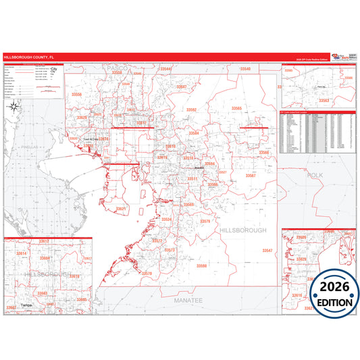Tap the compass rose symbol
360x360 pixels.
[x=14, y=105]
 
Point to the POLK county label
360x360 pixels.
[x=315, y=175]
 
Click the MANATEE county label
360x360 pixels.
[x=188, y=299]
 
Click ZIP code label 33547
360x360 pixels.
[x=267, y=251]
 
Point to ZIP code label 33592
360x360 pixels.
[x=191, y=109]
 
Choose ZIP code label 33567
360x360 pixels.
[x=251, y=176]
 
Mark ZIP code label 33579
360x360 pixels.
[x=205, y=222]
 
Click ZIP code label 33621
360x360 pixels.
[x=120, y=209]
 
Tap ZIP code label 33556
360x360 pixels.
[x=76, y=95]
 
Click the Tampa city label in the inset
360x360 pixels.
[x=27, y=305]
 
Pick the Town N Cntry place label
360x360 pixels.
[x=91, y=140]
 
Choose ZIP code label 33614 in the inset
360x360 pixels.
[x=21, y=253]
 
